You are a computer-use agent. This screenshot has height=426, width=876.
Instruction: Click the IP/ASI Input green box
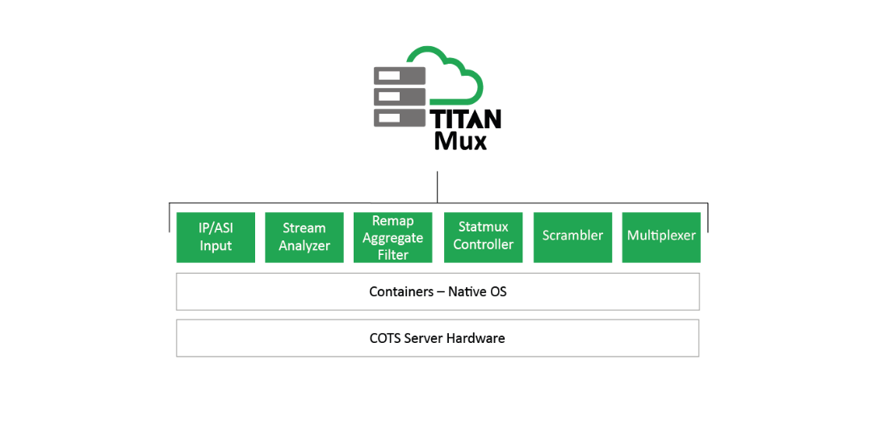pos(216,237)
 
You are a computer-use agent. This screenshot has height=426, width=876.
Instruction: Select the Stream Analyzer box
pos(304,237)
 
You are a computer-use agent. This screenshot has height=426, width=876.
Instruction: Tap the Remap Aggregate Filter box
pos(393,237)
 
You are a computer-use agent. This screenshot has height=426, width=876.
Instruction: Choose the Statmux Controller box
pos(483,237)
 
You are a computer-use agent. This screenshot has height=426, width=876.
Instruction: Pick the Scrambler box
pos(572,237)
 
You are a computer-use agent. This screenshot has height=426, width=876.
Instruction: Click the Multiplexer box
pos(661,237)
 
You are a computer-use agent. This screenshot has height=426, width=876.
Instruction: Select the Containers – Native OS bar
pos(438,291)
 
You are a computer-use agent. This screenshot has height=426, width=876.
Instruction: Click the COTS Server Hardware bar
pos(438,338)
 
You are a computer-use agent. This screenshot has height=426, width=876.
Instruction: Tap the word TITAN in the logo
pos(467,119)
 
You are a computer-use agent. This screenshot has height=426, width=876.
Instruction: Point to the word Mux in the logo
pos(460,141)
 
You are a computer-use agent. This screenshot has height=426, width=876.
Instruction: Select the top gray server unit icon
pos(400,76)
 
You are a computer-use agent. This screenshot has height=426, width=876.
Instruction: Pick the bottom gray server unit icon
pos(400,118)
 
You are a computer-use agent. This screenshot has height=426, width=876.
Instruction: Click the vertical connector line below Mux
pos(437,186)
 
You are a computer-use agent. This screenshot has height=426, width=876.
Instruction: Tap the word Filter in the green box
pos(393,255)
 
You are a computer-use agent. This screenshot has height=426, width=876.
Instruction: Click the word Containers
pos(401,291)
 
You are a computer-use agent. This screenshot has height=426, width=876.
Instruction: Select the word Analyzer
pos(304,246)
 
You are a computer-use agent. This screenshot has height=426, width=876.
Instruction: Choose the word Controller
pos(483,244)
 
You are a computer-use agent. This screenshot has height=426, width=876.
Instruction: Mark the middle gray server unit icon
pos(400,97)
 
